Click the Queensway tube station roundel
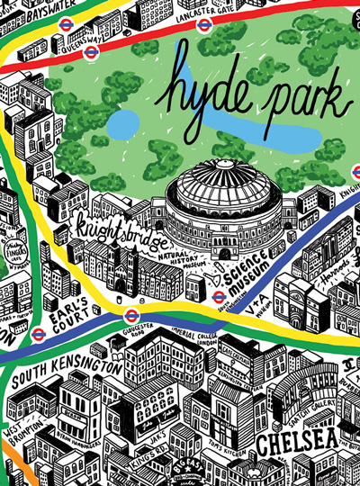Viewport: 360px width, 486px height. click(68, 42)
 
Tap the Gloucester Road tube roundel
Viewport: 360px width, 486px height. click(132, 315)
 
